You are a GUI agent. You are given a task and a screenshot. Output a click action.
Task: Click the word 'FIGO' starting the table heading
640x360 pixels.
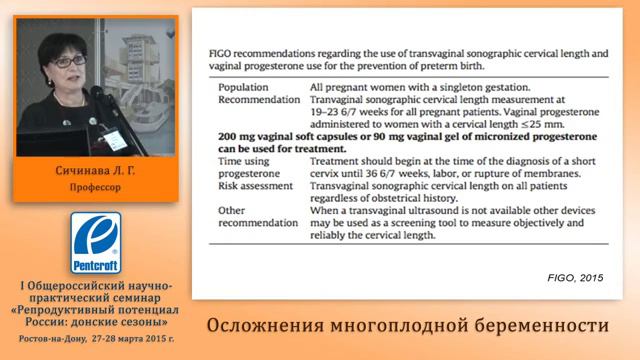coord(220,48)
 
